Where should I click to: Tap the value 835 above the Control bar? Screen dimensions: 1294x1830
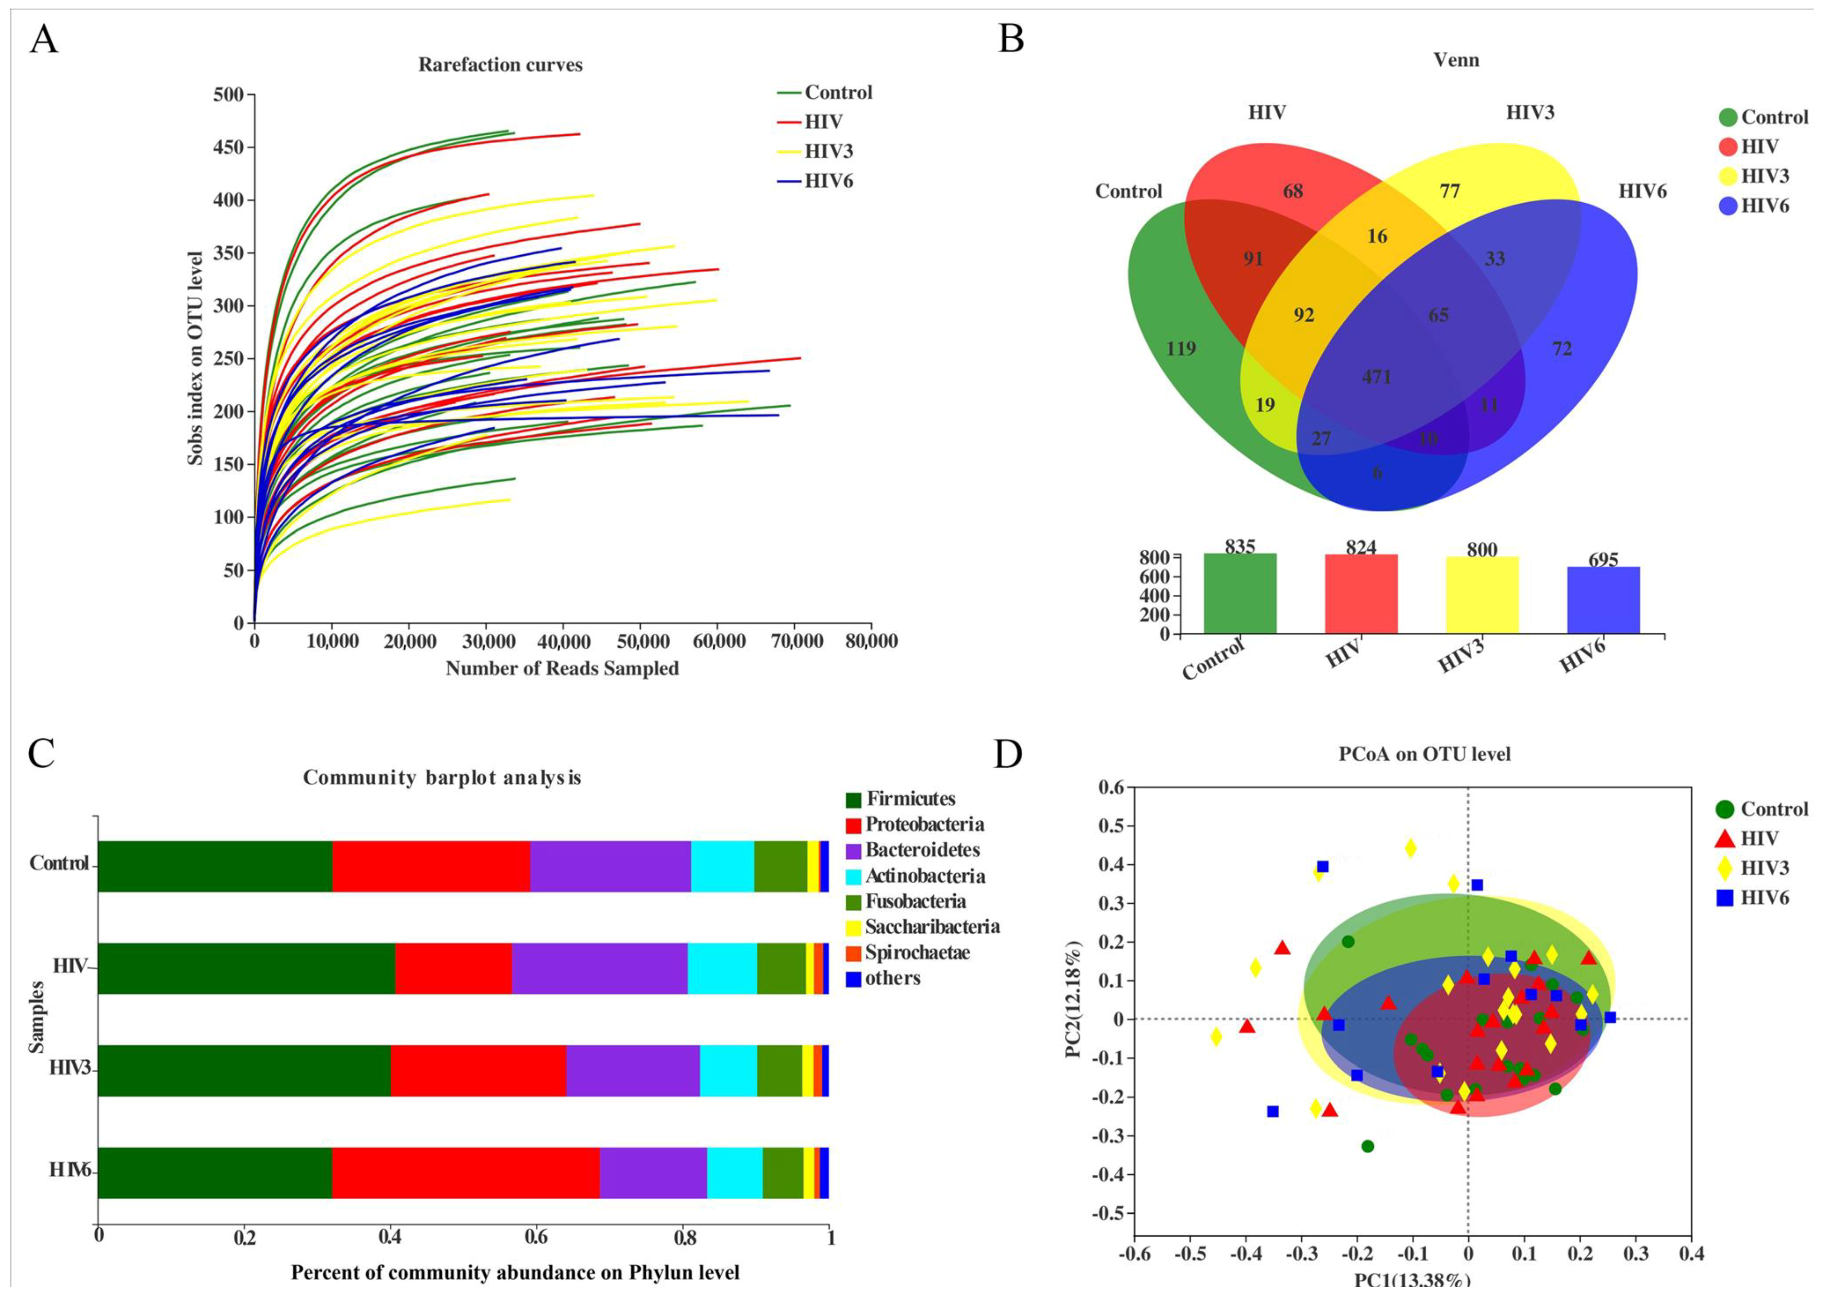(1240, 547)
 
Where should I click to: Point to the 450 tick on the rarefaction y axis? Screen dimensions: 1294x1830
(228, 147)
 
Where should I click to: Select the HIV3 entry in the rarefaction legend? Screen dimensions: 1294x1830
(829, 151)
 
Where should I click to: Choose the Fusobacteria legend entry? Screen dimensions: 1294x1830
(916, 901)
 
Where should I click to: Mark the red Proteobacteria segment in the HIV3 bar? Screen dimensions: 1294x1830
(478, 1070)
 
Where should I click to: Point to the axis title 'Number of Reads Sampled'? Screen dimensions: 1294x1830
(562, 669)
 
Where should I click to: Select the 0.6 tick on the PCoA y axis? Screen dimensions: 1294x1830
(1111, 788)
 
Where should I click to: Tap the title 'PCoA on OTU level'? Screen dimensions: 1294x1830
(1424, 754)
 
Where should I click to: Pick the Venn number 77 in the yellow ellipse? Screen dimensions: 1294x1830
(1450, 191)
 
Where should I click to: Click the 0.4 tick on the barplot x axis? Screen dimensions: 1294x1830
(390, 1237)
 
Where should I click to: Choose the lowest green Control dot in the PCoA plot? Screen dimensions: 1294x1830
(1368, 1146)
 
